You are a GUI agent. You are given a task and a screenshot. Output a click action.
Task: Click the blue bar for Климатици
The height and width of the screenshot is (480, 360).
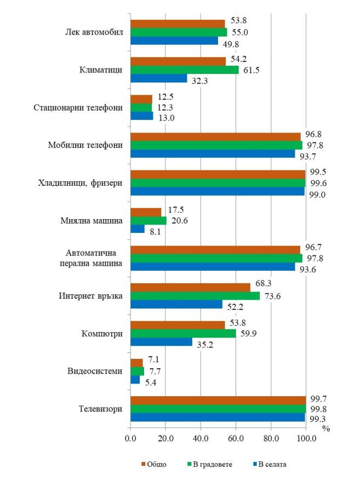pos(159,78)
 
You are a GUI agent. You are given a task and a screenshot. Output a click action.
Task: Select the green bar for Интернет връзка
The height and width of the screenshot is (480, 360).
pos(195,296)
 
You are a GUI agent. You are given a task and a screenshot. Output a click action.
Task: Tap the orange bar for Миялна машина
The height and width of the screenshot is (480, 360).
pos(146,212)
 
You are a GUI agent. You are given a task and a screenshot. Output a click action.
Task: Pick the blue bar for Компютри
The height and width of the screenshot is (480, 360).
pos(161,342)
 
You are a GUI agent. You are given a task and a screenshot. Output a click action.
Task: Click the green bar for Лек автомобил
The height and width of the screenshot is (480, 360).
pos(179,32)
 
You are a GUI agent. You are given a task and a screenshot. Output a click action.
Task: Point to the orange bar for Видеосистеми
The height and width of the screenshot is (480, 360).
pos(136,363)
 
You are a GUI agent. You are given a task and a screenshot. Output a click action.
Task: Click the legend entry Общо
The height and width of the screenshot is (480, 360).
pos(153,465)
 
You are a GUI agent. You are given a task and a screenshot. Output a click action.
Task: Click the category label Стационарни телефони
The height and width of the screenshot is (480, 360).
pos(83,107)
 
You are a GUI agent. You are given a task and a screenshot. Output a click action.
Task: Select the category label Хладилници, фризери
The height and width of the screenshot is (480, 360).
pos(85,183)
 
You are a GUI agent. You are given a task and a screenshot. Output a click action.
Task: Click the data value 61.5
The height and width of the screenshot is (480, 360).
pos(249,70)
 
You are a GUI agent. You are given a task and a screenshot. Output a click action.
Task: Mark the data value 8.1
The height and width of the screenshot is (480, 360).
pos(155,232)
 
